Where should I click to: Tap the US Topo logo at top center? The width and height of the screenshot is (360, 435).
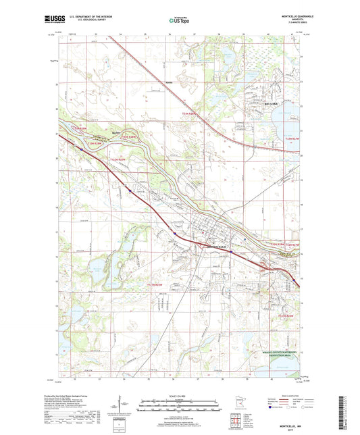pos(179,20)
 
